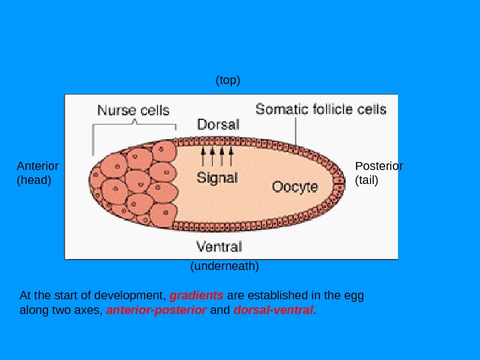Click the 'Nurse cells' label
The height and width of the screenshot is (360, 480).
click(133, 110)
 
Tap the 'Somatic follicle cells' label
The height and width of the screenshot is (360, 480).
click(321, 109)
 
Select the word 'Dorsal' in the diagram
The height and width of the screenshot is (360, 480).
click(218, 125)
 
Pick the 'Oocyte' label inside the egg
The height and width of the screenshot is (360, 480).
click(295, 187)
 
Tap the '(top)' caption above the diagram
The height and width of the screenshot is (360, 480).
click(227, 80)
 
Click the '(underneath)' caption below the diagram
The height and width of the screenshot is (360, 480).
click(225, 266)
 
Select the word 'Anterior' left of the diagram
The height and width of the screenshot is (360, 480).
click(37, 166)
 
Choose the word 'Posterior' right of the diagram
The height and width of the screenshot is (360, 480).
click(379, 166)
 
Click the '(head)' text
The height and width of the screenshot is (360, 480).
click(34, 179)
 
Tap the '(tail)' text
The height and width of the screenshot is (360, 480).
click(367, 179)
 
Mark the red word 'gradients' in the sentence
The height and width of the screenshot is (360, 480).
click(197, 295)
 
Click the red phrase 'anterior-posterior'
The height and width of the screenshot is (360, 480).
click(157, 310)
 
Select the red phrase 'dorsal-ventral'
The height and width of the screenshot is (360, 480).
click(273, 310)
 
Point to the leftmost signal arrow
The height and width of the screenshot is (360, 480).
click(203, 157)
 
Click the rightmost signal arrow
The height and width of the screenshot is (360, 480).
click(231, 157)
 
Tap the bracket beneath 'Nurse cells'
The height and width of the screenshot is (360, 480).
click(135, 125)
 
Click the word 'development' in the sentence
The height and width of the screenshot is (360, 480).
click(130, 295)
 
